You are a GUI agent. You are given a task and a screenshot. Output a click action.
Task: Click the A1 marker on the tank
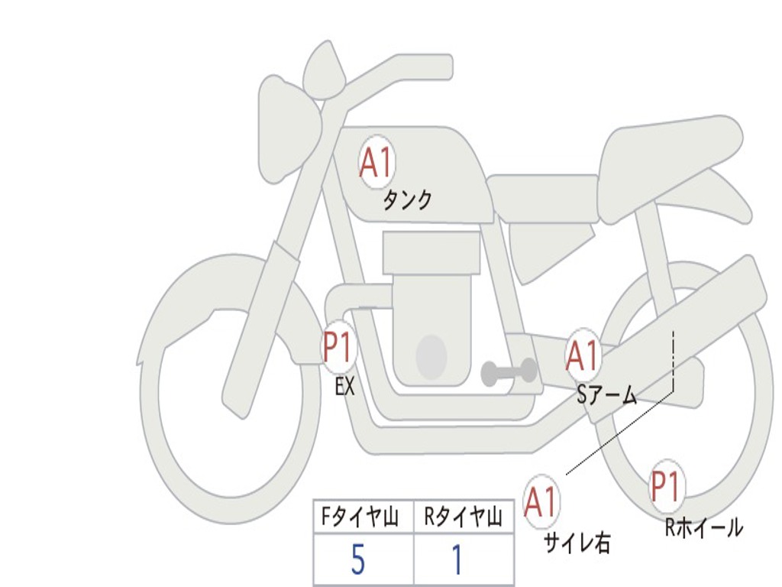click(377, 162)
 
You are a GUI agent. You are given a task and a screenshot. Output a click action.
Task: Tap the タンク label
click(408, 199)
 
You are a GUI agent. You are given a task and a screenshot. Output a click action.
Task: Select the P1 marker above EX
click(339, 347)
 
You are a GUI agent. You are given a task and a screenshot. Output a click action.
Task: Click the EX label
click(345, 386)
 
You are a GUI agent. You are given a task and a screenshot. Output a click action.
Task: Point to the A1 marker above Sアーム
click(582, 356)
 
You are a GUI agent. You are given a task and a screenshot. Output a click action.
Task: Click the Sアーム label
click(607, 396)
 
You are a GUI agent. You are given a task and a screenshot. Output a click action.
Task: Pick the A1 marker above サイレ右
click(541, 501)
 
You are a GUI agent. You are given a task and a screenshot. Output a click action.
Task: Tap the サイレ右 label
click(577, 543)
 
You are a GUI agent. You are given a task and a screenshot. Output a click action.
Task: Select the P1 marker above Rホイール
click(667, 487)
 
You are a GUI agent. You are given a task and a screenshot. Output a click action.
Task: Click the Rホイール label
click(704, 527)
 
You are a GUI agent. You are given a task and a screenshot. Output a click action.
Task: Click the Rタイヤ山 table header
click(464, 517)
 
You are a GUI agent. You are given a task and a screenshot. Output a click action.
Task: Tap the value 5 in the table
click(358, 559)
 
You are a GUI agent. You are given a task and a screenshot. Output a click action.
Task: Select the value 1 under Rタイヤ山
click(457, 559)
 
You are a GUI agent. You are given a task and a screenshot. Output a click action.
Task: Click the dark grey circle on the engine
click(431, 356)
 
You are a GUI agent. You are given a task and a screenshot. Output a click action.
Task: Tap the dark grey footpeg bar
click(509, 372)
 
